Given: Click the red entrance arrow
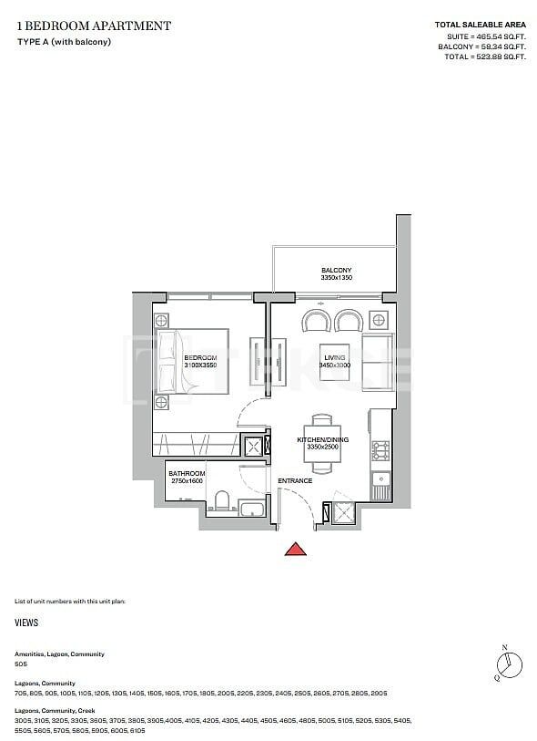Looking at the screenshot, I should [x=294, y=549].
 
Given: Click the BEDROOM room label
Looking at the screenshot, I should [x=200, y=358].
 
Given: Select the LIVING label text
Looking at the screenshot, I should [x=334, y=358].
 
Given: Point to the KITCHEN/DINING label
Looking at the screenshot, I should [x=318, y=440].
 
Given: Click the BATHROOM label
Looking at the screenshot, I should [x=187, y=474].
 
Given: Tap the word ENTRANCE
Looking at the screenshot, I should [x=295, y=480].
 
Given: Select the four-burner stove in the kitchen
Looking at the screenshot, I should [x=380, y=449].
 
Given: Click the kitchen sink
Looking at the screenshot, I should [x=381, y=478].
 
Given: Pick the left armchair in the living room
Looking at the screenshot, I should [x=317, y=323].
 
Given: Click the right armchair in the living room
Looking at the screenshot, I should [x=350, y=323].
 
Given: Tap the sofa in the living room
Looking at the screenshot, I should [x=377, y=362].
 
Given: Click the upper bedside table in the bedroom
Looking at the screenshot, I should [x=162, y=321].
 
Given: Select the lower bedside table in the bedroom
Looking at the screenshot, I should [x=162, y=402].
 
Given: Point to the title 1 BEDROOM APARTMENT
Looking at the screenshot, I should [x=93, y=26].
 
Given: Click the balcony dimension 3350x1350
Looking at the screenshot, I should [x=336, y=279].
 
